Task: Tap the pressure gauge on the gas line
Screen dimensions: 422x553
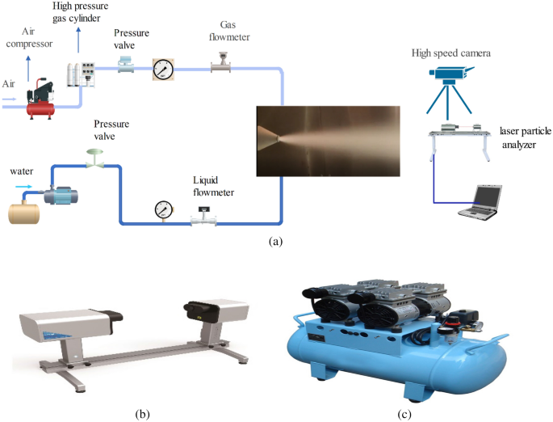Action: pos(164,70)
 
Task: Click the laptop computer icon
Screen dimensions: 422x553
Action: pos(481,201)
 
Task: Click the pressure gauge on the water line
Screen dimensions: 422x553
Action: pos(163,210)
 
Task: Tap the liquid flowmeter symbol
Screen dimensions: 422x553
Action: pos(202,216)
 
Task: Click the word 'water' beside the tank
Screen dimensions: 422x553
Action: pos(22,171)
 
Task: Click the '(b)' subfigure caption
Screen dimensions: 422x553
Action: pos(143,414)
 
